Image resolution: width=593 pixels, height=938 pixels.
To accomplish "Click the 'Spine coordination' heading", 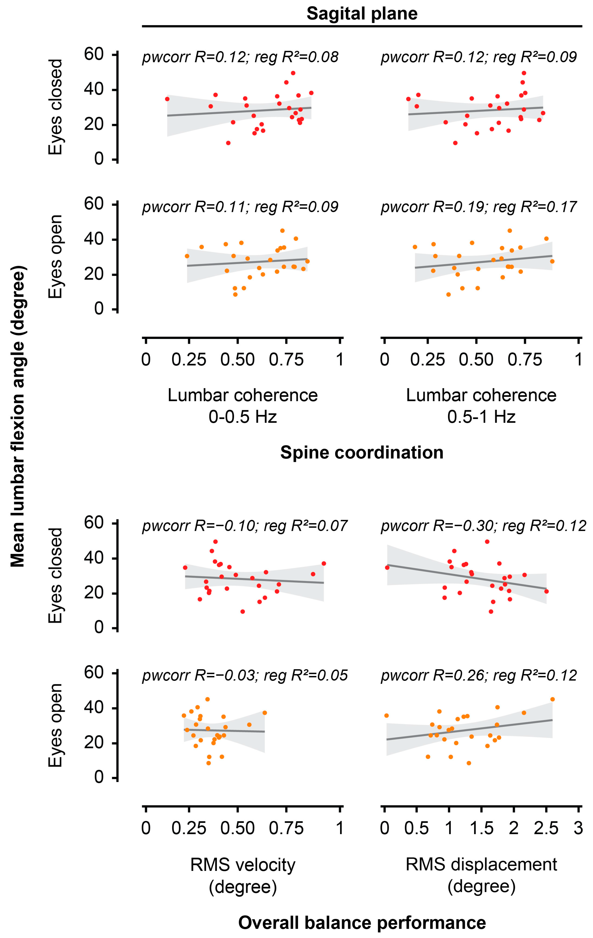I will coord(362,452).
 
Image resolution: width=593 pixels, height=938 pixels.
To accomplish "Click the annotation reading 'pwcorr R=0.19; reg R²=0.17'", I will coord(478,207).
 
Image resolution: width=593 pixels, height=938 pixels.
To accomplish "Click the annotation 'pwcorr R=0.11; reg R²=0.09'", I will coord(240,207).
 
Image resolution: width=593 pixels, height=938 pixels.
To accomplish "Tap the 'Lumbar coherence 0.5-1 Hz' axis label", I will coord(481,406).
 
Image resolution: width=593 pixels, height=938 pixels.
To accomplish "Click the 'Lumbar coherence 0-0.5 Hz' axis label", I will coord(243,406).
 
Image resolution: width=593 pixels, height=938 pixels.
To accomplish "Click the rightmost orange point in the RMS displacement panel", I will coord(552,699).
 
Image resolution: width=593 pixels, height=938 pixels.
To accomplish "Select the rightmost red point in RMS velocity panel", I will coord(324,563).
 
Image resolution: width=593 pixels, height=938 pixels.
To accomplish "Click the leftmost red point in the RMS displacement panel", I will coord(387,567).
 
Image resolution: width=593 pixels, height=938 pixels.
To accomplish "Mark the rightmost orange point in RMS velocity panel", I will coord(265,713).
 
